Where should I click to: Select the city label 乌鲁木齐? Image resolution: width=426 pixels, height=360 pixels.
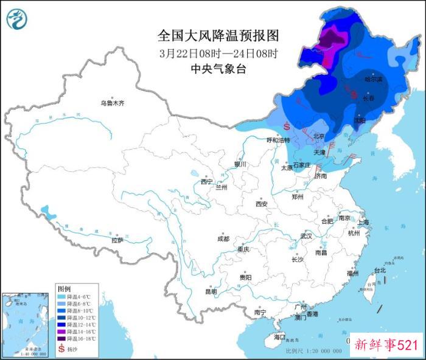point(112,103)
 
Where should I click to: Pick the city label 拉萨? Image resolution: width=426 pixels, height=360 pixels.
point(117,240)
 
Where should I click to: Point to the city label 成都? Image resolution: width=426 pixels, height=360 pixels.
point(223,239)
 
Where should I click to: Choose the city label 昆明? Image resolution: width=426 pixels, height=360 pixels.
point(211,292)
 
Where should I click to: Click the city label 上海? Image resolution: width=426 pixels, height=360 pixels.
point(364,223)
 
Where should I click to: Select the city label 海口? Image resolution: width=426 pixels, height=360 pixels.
point(279,336)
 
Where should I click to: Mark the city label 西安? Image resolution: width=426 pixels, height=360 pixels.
point(262,204)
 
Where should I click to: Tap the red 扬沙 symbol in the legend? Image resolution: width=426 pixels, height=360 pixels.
point(61,349)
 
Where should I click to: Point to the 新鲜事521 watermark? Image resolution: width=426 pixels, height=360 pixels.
point(386,345)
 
